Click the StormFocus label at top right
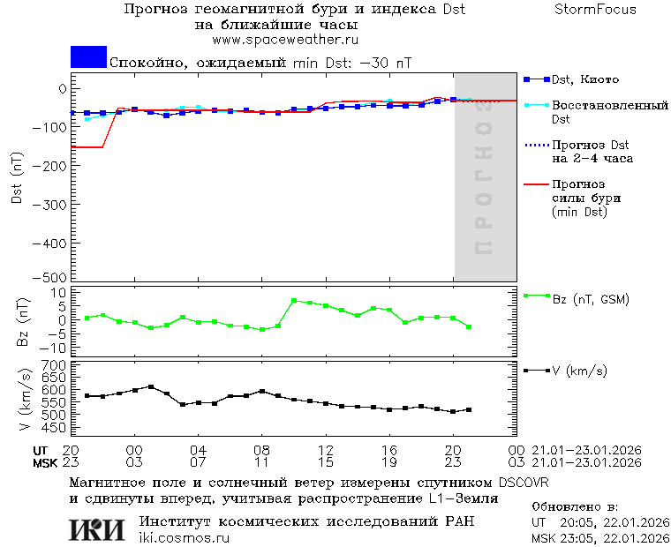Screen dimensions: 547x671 [x=595, y=10]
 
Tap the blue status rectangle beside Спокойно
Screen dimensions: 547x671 [x=88, y=56]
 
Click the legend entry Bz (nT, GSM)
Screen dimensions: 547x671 [x=591, y=299]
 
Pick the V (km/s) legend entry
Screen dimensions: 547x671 [x=579, y=371]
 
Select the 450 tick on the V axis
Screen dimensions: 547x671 [x=56, y=428]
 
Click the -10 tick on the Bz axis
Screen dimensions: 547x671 [x=56, y=347]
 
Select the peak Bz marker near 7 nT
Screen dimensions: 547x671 [x=294, y=301]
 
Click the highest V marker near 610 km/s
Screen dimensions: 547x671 [x=151, y=386]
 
